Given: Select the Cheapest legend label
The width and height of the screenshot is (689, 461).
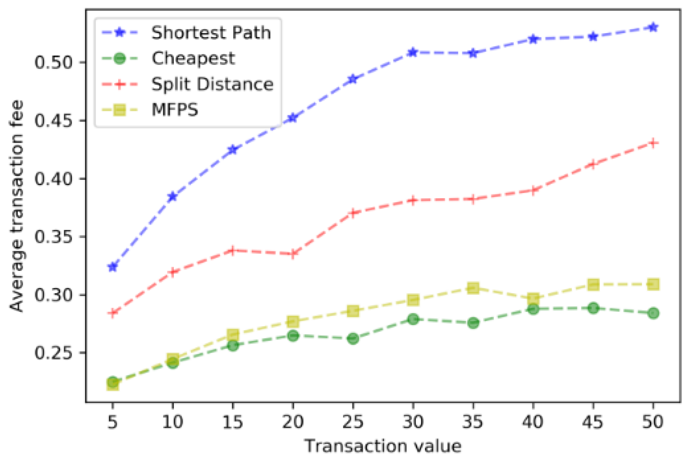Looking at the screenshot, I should point(193,58).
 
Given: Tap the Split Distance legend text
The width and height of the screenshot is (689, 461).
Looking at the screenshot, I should point(212,84).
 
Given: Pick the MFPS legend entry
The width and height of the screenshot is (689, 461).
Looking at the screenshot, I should point(175,110).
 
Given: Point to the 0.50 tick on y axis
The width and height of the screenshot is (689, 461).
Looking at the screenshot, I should point(53,62).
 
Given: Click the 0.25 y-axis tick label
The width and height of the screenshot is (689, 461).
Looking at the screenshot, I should point(53,353).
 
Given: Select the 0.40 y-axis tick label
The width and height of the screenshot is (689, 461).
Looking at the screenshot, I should point(53,179).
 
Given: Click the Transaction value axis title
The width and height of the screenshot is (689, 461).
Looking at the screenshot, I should point(383,446).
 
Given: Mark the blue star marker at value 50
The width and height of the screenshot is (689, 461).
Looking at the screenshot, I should point(653,27).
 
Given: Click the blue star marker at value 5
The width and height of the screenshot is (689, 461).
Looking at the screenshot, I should point(113,267).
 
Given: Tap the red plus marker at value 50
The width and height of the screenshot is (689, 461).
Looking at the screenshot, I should point(653,143).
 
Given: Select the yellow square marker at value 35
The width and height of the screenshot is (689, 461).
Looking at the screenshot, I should point(473,288).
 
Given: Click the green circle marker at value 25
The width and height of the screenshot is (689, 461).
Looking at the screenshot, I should point(353,339).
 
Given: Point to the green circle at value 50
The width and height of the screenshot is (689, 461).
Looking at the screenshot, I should point(653,314).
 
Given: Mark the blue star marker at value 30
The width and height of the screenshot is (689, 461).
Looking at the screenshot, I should point(413,52).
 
